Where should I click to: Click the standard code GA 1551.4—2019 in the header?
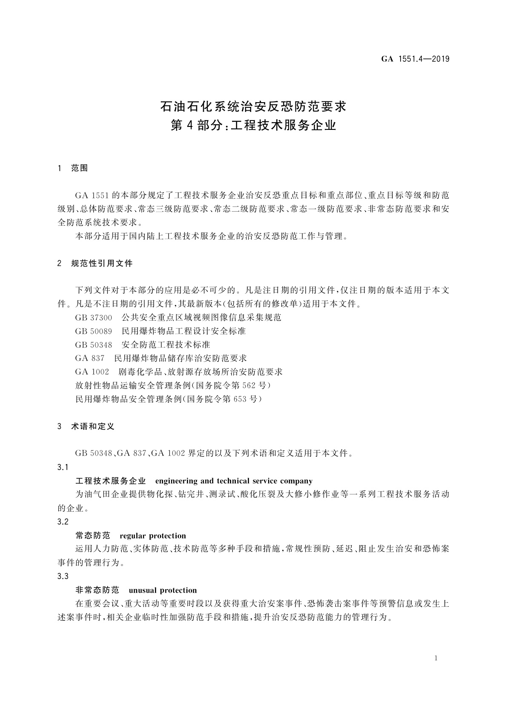click(415, 59)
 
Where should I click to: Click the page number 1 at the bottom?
click(436, 658)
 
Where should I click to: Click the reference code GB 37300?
click(94, 318)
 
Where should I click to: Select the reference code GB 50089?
click(94, 331)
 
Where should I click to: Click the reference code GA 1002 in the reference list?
click(92, 372)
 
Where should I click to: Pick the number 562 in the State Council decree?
click(249, 386)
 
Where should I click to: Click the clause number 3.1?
click(63, 467)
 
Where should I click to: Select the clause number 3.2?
click(63, 522)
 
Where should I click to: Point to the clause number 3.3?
click(63, 576)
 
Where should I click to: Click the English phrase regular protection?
click(153, 536)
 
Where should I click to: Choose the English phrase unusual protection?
click(163, 590)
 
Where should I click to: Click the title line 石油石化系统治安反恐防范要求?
click(253, 106)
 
